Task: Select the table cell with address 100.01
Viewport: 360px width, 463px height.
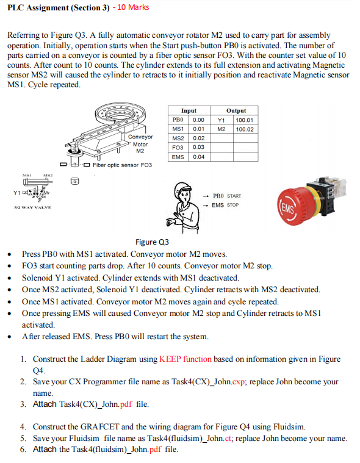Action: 245,120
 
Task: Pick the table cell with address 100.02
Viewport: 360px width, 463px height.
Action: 245,129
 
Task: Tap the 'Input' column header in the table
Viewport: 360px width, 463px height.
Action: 189,111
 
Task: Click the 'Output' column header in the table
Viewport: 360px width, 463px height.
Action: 236,111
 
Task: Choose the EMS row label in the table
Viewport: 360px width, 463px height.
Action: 178,157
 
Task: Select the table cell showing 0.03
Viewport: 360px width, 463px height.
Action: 198,148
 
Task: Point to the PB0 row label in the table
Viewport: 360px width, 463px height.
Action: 178,120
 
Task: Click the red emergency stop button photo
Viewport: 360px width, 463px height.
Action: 306,202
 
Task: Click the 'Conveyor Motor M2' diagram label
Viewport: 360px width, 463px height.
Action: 140,144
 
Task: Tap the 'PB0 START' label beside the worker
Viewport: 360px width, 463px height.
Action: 226,196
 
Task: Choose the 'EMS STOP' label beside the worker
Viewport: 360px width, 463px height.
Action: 225,205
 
